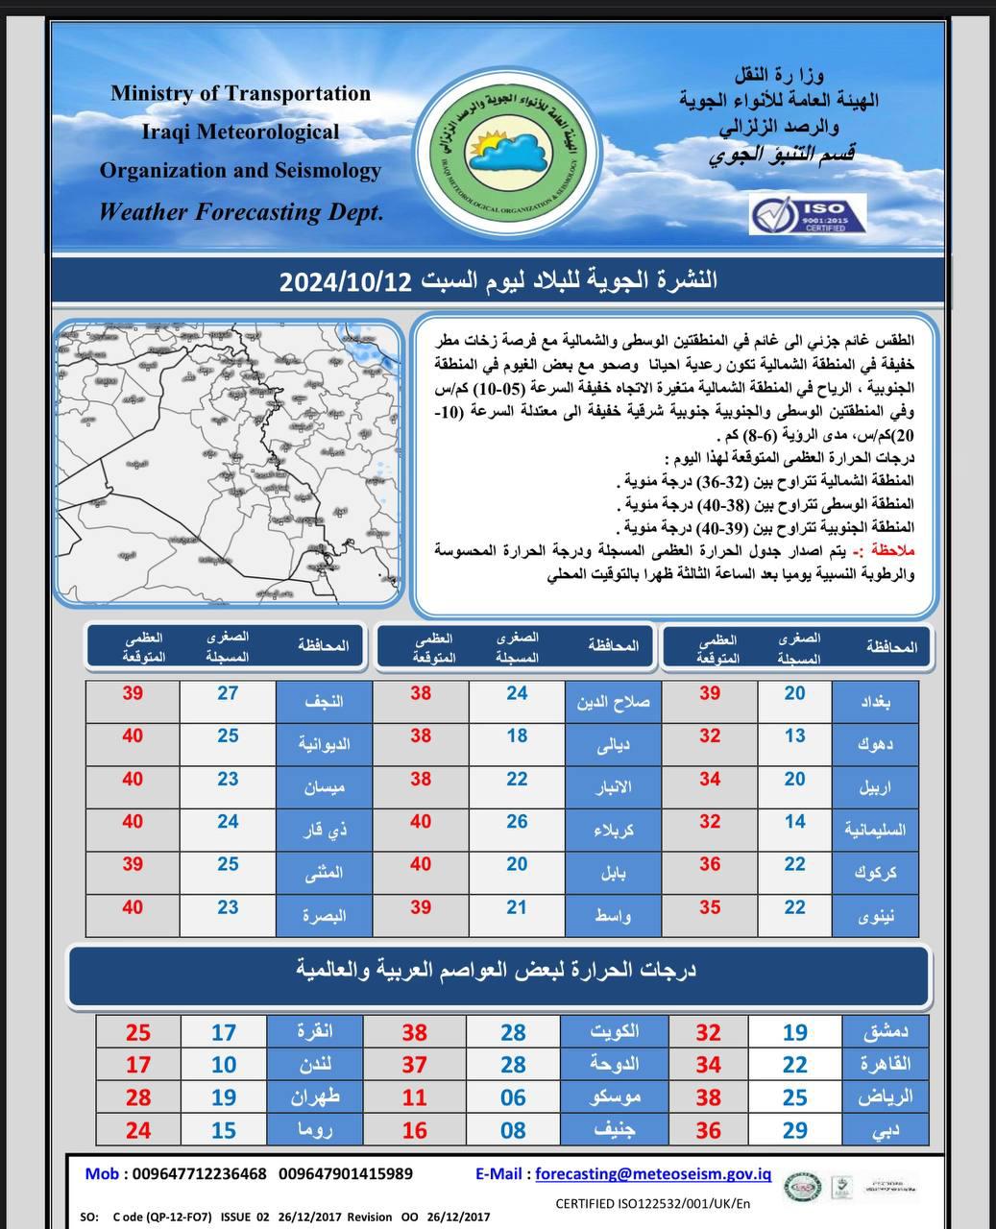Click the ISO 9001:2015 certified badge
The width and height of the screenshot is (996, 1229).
(x=808, y=214)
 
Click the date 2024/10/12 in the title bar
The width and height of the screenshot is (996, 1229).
(x=346, y=281)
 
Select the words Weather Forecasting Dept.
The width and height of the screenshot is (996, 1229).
(x=241, y=212)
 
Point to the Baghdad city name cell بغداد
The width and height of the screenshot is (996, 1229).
(x=875, y=702)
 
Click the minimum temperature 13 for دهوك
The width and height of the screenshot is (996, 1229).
(x=794, y=735)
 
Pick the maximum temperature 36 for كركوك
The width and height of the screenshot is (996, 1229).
(x=709, y=864)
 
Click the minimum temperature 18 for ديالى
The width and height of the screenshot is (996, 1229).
(x=517, y=735)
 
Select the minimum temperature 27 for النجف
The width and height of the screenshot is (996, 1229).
(x=228, y=693)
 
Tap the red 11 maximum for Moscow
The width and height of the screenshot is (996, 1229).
(x=415, y=1096)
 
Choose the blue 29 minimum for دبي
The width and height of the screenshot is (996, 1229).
(x=794, y=1130)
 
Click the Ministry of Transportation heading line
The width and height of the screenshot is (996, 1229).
(x=240, y=94)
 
